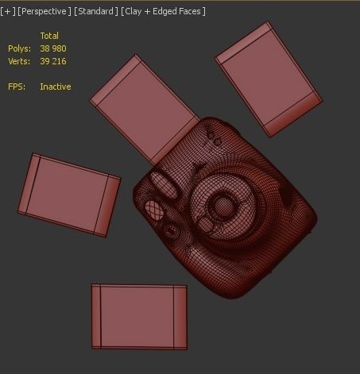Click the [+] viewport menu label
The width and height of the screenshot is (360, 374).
click(9, 11)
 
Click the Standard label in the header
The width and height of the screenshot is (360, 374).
click(96, 11)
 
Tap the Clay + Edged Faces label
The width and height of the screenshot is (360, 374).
click(163, 11)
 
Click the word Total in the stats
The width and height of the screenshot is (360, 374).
click(49, 36)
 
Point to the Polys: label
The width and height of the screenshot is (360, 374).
click(19, 48)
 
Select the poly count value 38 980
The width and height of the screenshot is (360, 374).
click(53, 48)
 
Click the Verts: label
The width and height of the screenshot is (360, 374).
click(19, 61)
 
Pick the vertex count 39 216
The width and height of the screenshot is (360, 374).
click(53, 61)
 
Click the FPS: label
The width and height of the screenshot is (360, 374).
click(17, 87)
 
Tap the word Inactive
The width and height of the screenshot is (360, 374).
click(56, 87)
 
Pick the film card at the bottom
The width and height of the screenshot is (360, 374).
click(140, 316)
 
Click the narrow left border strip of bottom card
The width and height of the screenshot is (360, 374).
click(97, 316)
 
